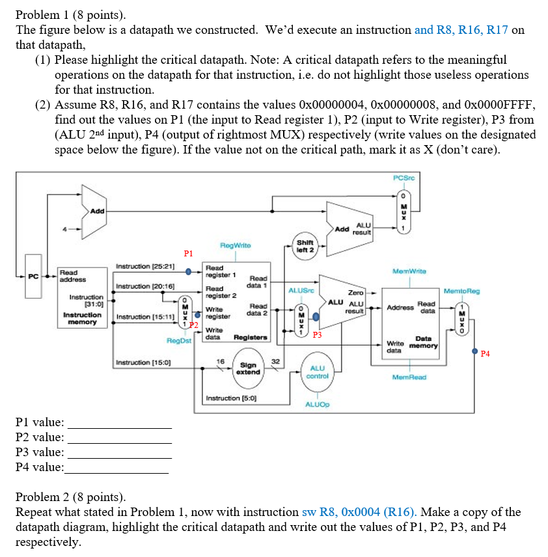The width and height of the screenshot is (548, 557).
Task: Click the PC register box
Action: pyautogui.click(x=33, y=276)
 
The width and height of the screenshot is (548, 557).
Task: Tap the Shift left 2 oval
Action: pyautogui.click(x=305, y=246)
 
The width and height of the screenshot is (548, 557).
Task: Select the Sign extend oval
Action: pyautogui.click(x=248, y=368)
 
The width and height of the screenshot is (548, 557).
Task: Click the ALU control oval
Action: pyautogui.click(x=318, y=372)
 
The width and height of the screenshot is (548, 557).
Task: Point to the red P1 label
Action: pyautogui.click(x=188, y=253)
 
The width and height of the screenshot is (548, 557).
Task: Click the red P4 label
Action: pyautogui.click(x=485, y=353)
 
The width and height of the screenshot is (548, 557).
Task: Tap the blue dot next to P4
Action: pyautogui.click(x=474, y=351)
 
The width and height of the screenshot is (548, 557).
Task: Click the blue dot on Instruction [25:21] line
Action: pyautogui.click(x=188, y=272)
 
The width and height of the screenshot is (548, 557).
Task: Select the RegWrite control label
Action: pyautogui.click(x=235, y=245)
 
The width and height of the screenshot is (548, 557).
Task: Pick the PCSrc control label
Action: pyautogui.click(x=404, y=178)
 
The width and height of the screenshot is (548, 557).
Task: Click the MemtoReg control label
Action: pyautogui.click(x=461, y=291)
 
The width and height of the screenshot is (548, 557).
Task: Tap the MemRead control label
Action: pyautogui.click(x=409, y=377)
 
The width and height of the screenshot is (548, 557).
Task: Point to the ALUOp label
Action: pyautogui.click(x=318, y=404)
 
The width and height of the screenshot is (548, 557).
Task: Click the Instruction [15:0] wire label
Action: pyautogui.click(x=143, y=362)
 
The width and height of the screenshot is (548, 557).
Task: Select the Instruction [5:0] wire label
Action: pyautogui.click(x=231, y=398)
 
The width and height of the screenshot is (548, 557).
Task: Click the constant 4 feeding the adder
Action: pyautogui.click(x=64, y=229)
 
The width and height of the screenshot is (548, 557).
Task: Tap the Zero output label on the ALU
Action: pyautogui.click(x=356, y=293)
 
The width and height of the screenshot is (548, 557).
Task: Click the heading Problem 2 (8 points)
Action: pyautogui.click(x=71, y=496)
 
